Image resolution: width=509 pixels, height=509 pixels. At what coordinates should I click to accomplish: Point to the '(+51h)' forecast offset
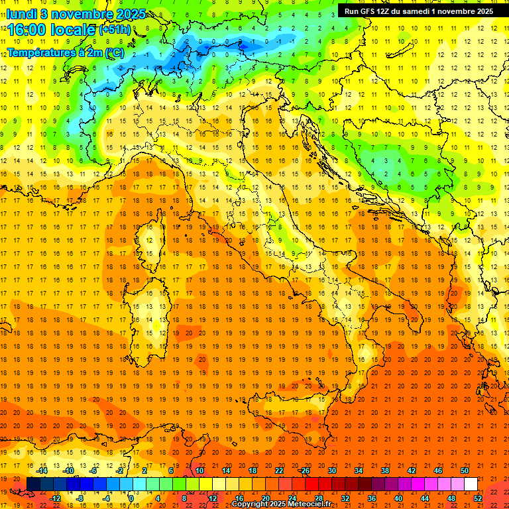(115, 30)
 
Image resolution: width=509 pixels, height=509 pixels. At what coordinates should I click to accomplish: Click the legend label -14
(42, 471)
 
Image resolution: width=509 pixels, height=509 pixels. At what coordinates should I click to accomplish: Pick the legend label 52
(477, 498)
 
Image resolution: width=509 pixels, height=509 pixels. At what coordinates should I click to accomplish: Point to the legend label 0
(131, 498)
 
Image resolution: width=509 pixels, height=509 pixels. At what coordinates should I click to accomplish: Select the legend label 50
(464, 471)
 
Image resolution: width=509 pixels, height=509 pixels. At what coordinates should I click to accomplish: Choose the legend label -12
(56, 498)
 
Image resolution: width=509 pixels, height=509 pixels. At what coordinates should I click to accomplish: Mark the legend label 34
(358, 471)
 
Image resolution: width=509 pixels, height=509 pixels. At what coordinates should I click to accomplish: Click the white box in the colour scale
(471, 484)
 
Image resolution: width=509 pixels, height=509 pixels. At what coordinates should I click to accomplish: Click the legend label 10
(199, 471)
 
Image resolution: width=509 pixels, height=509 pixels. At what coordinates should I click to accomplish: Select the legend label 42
(411, 471)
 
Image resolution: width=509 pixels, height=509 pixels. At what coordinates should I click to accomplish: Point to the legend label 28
(318, 498)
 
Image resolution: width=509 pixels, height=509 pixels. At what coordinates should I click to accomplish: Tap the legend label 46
(437, 471)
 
